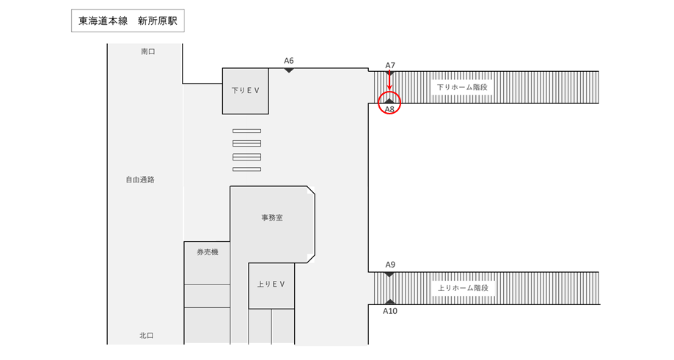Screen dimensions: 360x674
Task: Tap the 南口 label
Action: pos(148,51)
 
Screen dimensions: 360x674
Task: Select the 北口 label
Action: pos(147,336)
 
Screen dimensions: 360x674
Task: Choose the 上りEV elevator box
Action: pos(271,284)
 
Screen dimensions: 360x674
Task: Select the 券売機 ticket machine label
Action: pos(208,252)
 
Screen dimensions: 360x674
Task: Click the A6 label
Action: pos(289,60)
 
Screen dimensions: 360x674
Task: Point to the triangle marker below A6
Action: pos(289,70)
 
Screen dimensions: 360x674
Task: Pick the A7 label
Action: pos(390,65)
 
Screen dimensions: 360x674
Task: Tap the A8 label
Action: pos(390,110)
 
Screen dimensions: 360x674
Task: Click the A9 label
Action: pos(390,264)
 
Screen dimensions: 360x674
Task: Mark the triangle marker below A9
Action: pos(390,274)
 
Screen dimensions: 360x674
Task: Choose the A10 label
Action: pos(390,311)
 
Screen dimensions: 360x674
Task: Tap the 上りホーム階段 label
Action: pos(462,288)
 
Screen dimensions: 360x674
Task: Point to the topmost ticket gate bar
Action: pos(247,131)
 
